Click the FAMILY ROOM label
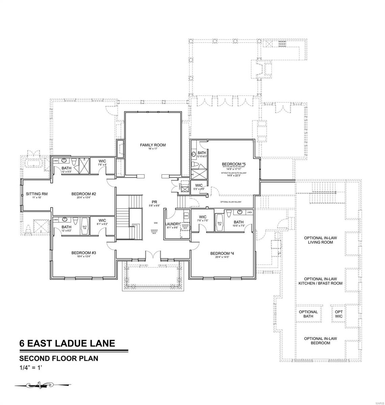tap(153, 145)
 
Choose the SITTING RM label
tap(36, 194)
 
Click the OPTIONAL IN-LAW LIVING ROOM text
tap(318, 240)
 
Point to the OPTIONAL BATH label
tap(308, 314)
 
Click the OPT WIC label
tap(339, 314)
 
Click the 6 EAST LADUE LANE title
tap(67, 344)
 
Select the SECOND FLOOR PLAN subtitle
tap(59, 358)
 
